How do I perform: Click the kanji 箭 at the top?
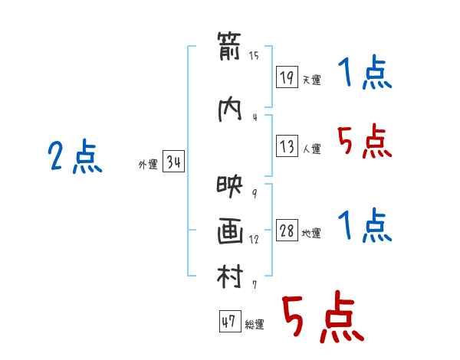[x=229, y=46]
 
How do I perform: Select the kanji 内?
[x=230, y=110]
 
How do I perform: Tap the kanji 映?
[x=230, y=186]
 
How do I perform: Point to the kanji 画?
[x=230, y=231]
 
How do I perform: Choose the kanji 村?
[x=230, y=276]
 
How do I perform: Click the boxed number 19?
[x=287, y=77]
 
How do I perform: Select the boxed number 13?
[x=287, y=146]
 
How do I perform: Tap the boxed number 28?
[x=287, y=230]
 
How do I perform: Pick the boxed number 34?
[x=173, y=161]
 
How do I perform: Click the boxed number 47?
[x=230, y=321]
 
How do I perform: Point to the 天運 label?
[x=312, y=80]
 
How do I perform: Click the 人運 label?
[x=312, y=149]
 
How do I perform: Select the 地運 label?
[x=311, y=233]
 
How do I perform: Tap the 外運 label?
[x=148, y=165]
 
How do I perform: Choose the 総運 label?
[x=255, y=324]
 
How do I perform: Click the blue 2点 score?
[x=75, y=156]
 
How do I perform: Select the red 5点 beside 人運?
[x=365, y=141]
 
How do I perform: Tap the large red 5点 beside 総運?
[x=323, y=316]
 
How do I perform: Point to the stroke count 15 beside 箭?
[x=254, y=55]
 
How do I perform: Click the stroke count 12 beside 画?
[x=254, y=239]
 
